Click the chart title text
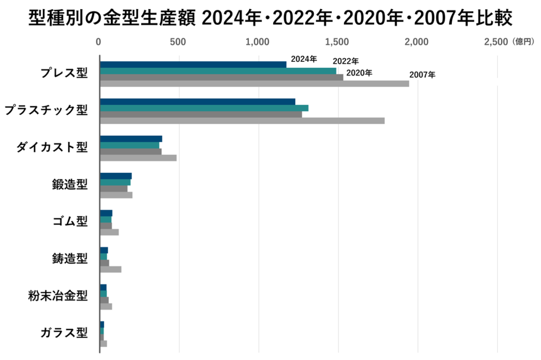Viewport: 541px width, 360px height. (270, 20)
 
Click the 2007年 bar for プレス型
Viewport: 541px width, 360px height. (254, 84)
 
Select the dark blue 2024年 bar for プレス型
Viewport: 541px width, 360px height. (193, 64)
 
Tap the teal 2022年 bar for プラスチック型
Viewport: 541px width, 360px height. (204, 108)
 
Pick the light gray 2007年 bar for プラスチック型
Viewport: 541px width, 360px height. (242, 121)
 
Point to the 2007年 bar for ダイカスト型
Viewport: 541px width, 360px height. (138, 158)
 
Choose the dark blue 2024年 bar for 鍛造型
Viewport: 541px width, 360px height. (116, 176)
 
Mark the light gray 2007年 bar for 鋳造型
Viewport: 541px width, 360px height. (110, 269)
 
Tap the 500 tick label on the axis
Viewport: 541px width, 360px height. (178, 42)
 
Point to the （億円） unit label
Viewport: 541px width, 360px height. (523, 42)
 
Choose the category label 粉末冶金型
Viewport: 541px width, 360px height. (58, 295)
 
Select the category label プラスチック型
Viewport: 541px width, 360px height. (45, 110)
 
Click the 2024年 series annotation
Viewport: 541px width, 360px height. (304, 59)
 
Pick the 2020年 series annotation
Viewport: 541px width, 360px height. (359, 72)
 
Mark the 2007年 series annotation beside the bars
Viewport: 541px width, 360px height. (422, 75)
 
